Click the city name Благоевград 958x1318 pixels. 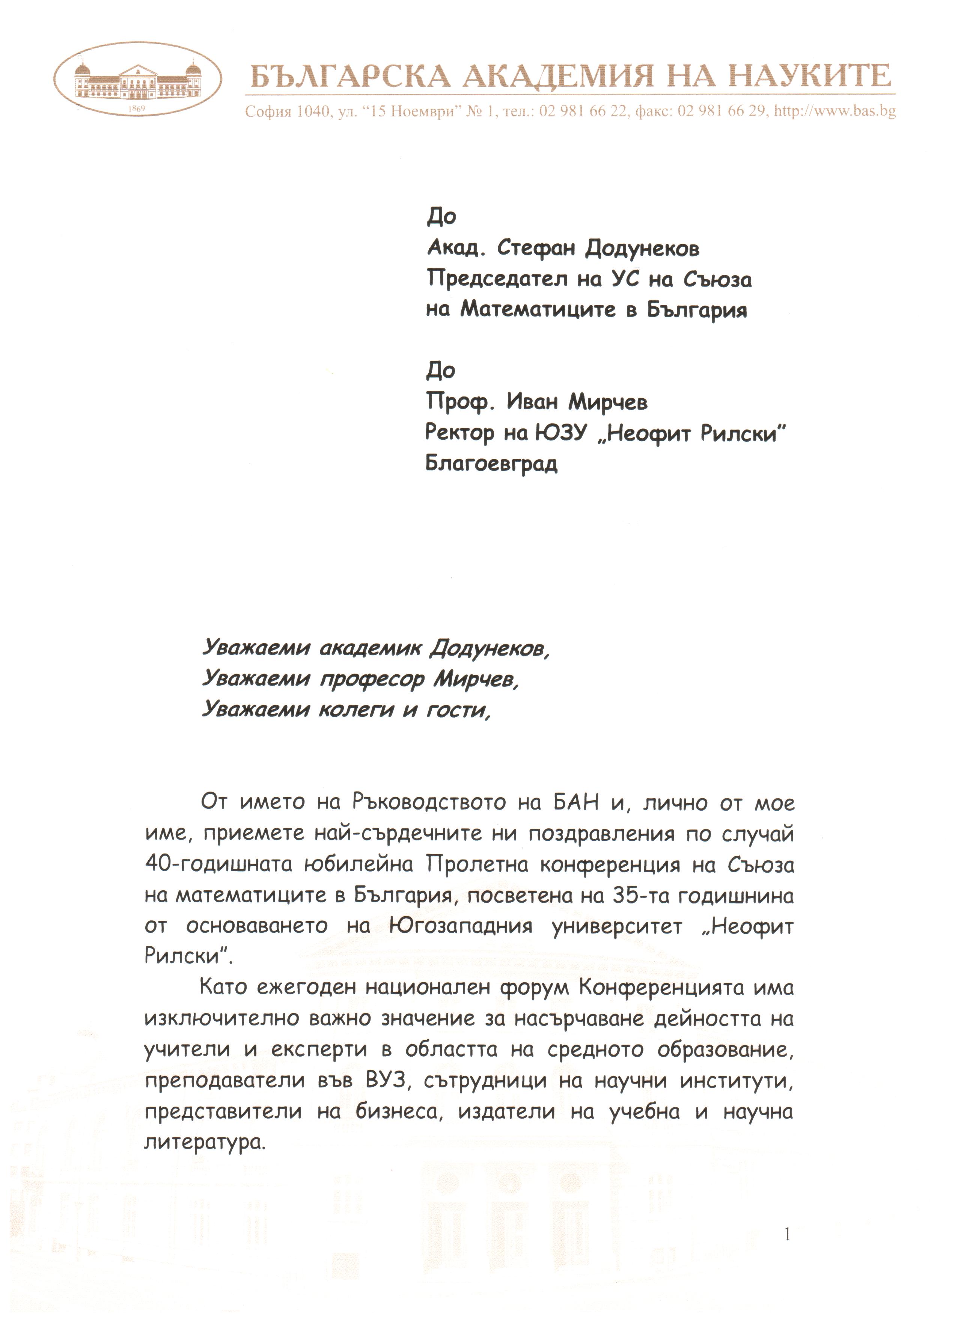point(491,463)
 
